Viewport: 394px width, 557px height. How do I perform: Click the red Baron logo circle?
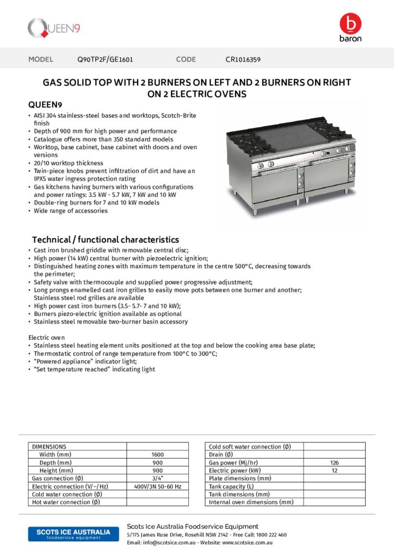tap(350, 23)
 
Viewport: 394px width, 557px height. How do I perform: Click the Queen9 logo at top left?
tap(54, 27)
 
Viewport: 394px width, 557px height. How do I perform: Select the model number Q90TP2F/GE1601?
tap(105, 59)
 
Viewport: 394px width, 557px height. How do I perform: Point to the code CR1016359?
tap(243, 59)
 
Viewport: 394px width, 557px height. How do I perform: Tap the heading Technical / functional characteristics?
tap(105, 239)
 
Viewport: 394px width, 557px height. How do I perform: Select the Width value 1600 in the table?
tap(157, 455)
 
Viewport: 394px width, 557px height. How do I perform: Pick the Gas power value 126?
tap(334, 463)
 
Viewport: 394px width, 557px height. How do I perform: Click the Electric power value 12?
tap(334, 471)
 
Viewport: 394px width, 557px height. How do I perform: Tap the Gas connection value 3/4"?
tap(157, 478)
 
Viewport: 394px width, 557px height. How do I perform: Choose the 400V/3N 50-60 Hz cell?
tap(157, 486)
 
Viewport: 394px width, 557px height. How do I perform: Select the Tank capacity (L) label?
tap(231, 486)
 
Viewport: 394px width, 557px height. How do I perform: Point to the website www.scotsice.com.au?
tap(247, 543)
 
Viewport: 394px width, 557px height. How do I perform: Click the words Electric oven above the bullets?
tap(46, 338)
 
